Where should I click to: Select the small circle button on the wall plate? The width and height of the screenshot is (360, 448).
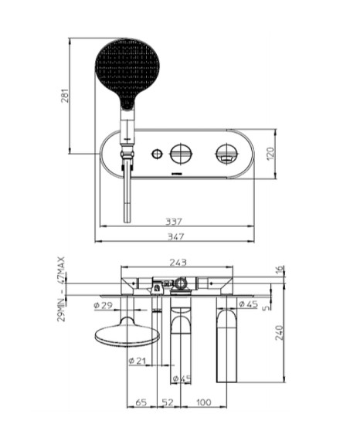[158, 153]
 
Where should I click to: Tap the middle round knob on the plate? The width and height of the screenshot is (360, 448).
[182, 153]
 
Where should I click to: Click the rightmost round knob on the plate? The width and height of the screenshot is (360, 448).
[226, 153]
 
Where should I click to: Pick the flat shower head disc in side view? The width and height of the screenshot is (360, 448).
[125, 335]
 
